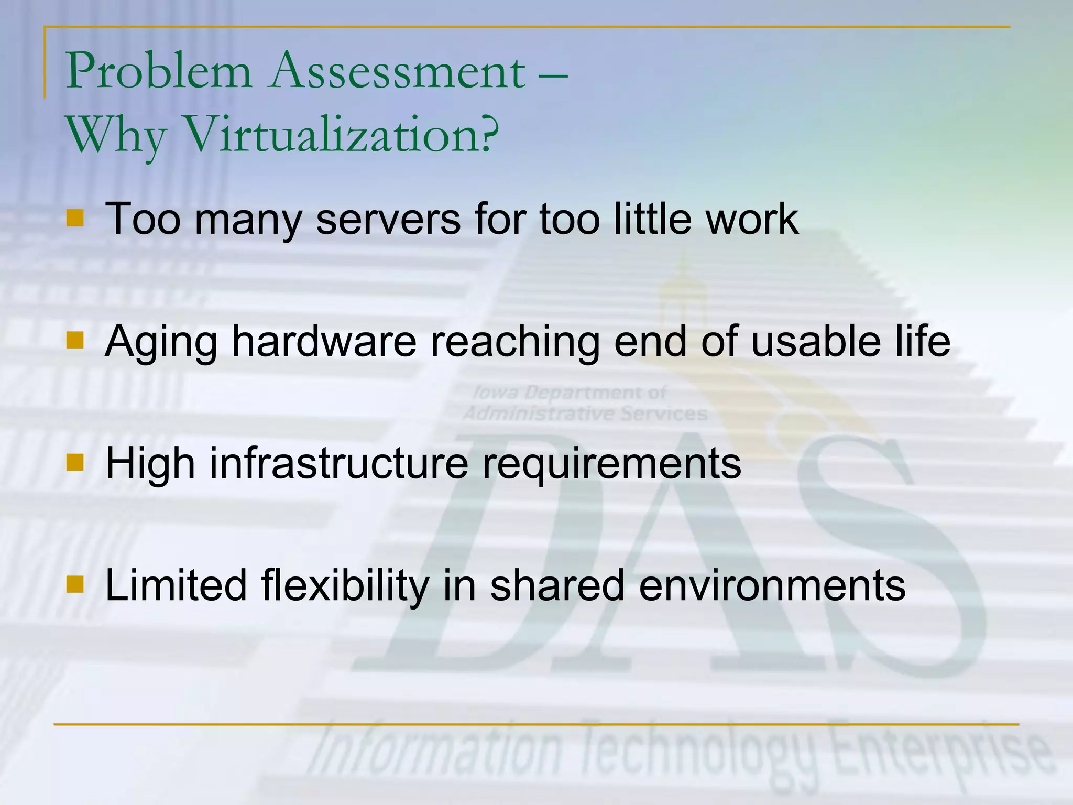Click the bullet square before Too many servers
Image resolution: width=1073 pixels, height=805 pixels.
tap(75, 218)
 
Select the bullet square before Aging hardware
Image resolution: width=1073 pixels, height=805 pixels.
tap(75, 340)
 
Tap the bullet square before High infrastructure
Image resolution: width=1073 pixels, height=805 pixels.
tap(75, 462)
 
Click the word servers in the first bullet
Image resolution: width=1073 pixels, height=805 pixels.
tap(388, 219)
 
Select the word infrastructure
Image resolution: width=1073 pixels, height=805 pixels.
tap(338, 463)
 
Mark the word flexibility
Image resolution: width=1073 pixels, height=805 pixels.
tap(345, 585)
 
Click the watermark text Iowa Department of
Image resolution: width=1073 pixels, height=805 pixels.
tap(569, 393)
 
